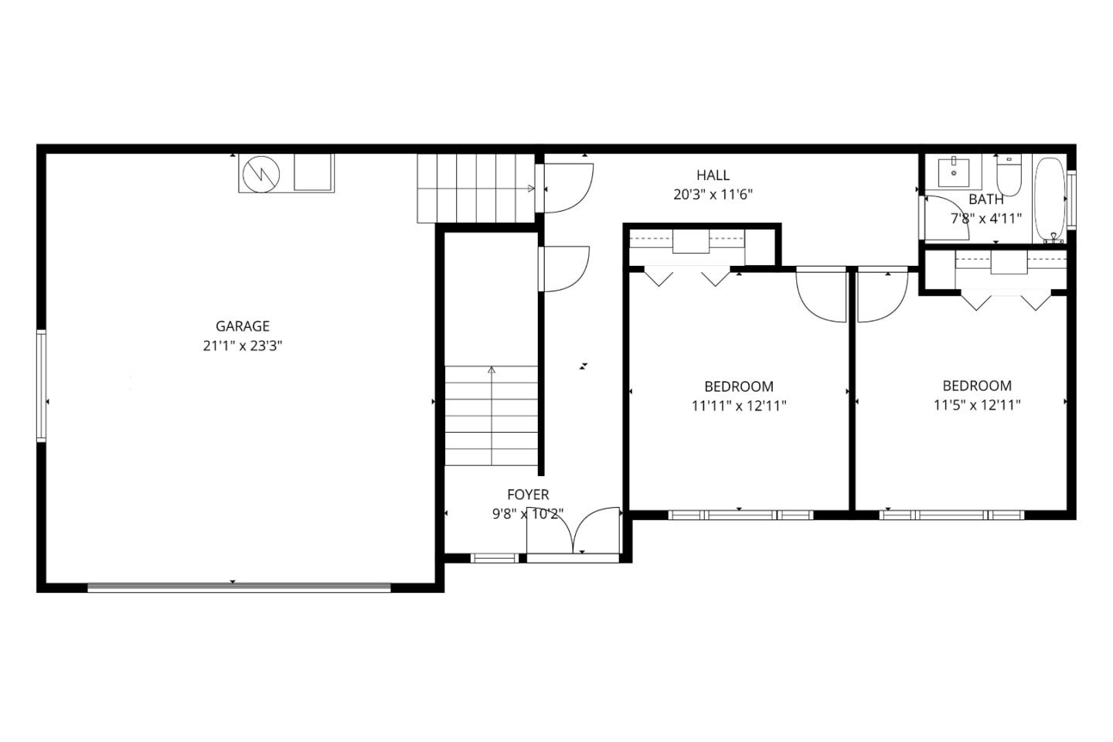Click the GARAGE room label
[x=242, y=326]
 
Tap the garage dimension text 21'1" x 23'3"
[x=242, y=346]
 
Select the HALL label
[x=712, y=175]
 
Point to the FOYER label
[x=528, y=495]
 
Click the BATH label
[x=986, y=199]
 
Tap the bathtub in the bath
[x=1049, y=199]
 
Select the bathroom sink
[x=955, y=171]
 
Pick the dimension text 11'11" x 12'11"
[x=739, y=405]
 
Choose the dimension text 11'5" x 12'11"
[x=977, y=404]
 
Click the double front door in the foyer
[x=574, y=533]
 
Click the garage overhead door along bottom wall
[x=239, y=588]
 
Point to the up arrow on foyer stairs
[x=492, y=371]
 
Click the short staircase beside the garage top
[x=475, y=188]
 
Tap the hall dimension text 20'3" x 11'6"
[x=712, y=195]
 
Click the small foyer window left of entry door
[x=495, y=558]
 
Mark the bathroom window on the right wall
[x=1071, y=199]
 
